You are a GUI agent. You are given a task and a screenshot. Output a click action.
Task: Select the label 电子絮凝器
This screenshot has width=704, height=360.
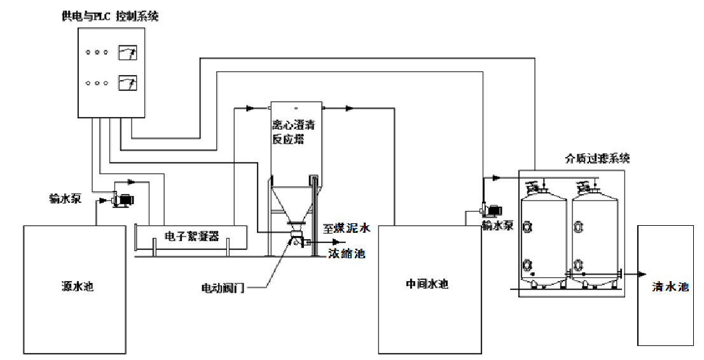[x=191, y=237]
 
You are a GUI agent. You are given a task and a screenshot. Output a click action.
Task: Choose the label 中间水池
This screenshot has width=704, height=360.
[x=427, y=284]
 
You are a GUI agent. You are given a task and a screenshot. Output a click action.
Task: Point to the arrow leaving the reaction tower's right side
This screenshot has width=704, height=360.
[x=350, y=109]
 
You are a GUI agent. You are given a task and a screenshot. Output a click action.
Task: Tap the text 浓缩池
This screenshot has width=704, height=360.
[x=347, y=253]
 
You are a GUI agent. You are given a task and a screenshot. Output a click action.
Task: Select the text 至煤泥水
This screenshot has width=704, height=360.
[x=347, y=228]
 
